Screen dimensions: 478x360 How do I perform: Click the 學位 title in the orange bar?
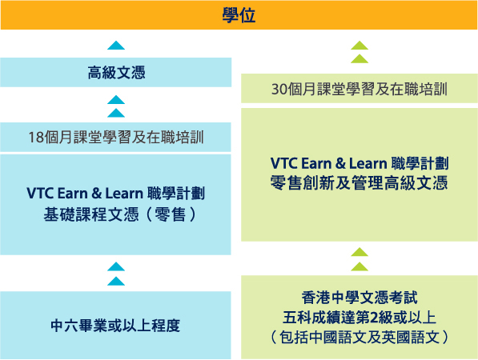(239, 15)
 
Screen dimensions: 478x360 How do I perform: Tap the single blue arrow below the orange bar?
(116, 46)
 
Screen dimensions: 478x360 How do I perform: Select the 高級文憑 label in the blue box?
(116, 73)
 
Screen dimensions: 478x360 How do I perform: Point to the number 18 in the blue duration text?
(36, 138)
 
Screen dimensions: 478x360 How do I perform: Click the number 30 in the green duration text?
(279, 90)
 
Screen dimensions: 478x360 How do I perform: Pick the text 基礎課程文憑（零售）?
(119, 214)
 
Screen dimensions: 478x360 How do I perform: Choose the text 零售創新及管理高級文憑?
(360, 183)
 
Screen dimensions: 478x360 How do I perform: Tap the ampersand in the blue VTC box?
(96, 194)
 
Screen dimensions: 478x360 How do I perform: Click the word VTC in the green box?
(283, 163)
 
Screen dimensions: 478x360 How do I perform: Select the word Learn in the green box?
(368, 163)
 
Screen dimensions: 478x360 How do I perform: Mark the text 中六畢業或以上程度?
(115, 326)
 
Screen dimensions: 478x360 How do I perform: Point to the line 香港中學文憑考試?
(360, 298)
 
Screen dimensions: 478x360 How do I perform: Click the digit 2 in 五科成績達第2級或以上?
(374, 318)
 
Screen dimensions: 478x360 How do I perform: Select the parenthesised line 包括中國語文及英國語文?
(360, 338)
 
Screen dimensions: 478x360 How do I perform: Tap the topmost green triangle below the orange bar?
(360, 45)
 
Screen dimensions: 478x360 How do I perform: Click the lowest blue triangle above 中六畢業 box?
(116, 281)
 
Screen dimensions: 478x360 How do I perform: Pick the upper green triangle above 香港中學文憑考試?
(360, 252)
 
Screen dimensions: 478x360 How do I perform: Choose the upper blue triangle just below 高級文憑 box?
(116, 99)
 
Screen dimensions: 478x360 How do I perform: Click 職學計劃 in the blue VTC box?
(175, 194)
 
